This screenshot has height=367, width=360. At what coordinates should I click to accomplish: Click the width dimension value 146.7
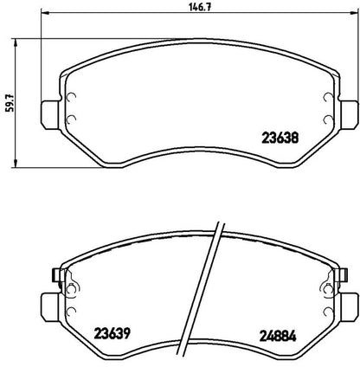coord(200,7)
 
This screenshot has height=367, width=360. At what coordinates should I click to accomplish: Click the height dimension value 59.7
coord(10,102)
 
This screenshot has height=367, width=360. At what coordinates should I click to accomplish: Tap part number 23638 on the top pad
coord(280,138)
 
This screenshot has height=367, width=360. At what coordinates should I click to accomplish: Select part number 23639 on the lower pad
coord(112,334)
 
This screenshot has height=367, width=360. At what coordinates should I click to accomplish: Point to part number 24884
coord(278,336)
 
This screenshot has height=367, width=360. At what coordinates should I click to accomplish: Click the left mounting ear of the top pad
coord(51,114)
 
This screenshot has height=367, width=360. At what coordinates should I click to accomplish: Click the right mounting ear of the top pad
coord(348,114)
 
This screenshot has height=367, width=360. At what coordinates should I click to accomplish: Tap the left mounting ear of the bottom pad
coord(51,307)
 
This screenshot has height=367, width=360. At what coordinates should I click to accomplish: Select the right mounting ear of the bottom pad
coord(349,307)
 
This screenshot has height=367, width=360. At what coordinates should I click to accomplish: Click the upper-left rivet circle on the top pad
coord(71,98)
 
